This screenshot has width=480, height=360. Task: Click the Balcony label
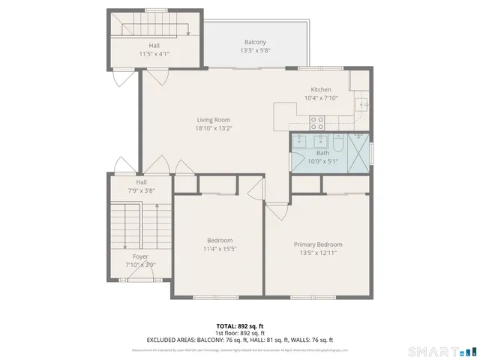254,42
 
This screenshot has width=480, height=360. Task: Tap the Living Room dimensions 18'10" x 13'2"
214,128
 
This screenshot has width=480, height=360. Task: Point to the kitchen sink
361,104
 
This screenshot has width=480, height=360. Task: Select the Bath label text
322,152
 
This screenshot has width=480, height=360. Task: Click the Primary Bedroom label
318,244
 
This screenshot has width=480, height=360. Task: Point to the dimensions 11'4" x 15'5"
220,249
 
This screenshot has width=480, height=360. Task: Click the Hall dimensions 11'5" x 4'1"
154,54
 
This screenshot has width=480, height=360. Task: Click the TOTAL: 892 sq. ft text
239,326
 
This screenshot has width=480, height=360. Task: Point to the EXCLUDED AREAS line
239,340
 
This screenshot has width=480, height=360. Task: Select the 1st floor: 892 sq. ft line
239,333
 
